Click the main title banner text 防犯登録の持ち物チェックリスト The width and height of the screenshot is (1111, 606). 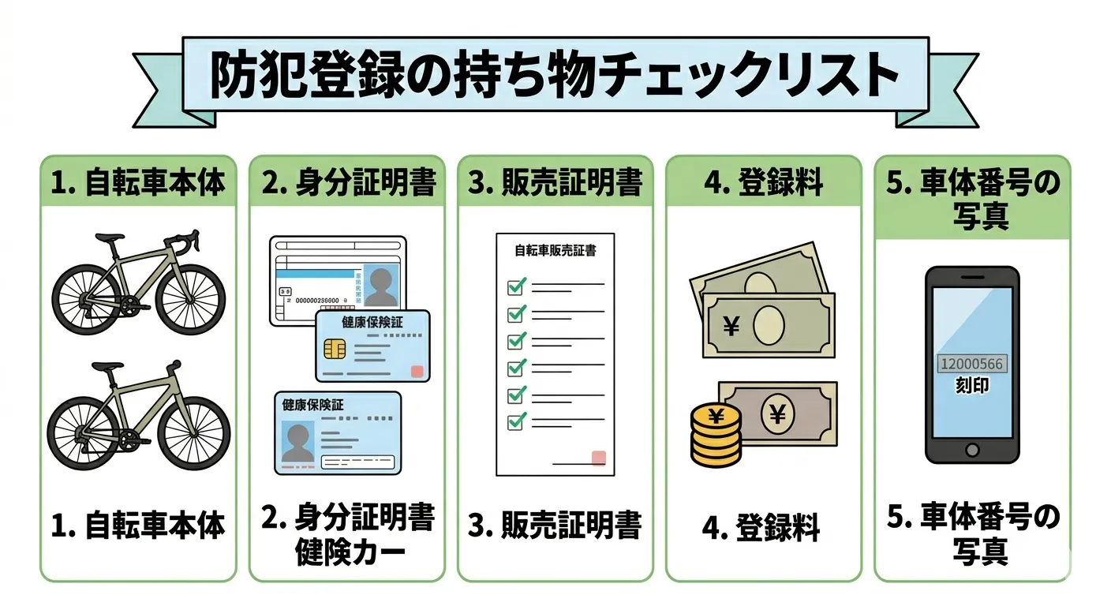point(555,77)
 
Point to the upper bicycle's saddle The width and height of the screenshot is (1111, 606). point(110,237)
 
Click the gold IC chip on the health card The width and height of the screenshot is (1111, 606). point(335,348)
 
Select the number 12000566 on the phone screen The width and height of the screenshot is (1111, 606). point(971,364)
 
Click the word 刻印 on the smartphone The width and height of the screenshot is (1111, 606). point(971,387)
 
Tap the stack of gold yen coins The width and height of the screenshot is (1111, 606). point(716,436)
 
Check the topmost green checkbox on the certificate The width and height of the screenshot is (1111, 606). point(516,286)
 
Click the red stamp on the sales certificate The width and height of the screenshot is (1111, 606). point(598,458)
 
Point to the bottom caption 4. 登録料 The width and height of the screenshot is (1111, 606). point(761,528)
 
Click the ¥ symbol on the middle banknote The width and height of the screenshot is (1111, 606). point(731,324)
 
